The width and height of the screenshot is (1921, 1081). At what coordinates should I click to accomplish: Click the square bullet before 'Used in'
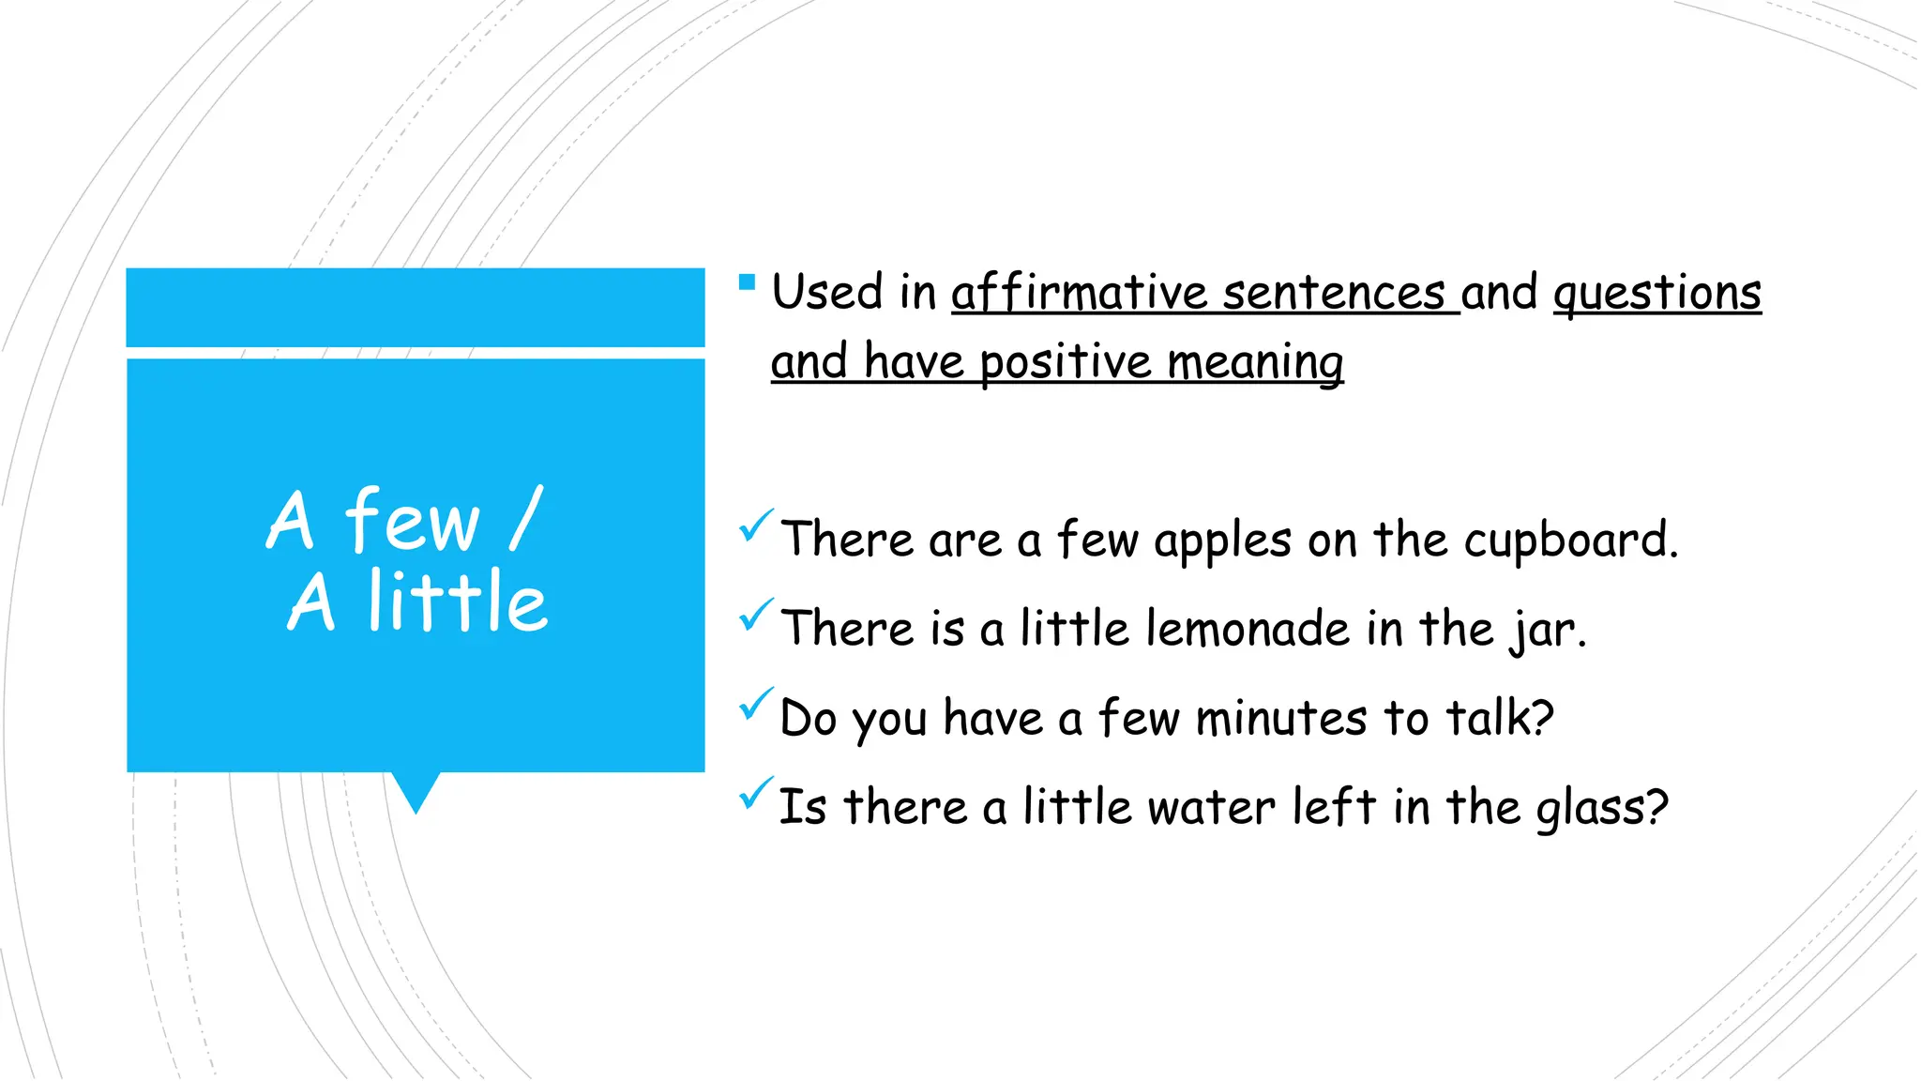pyautogui.click(x=747, y=282)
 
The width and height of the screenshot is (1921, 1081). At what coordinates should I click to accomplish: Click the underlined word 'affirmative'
pyautogui.click(x=1078, y=292)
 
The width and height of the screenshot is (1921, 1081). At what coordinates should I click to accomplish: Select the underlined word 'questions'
pyautogui.click(x=1657, y=293)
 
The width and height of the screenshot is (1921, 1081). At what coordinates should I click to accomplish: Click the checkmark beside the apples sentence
pyautogui.click(x=755, y=525)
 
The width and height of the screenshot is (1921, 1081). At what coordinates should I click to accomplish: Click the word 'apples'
pyautogui.click(x=1222, y=541)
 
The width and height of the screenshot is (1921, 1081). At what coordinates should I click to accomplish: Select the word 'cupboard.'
pyautogui.click(x=1570, y=541)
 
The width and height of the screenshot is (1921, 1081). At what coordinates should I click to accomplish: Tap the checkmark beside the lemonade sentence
pyautogui.click(x=755, y=615)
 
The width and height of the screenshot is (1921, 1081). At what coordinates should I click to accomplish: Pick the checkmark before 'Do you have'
pyautogui.click(x=755, y=704)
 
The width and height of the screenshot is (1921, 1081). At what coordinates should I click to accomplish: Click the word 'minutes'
pyautogui.click(x=1280, y=719)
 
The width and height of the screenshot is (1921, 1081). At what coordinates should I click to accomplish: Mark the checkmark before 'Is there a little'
pyautogui.click(x=755, y=793)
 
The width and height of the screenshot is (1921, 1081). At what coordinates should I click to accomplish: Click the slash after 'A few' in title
pyautogui.click(x=526, y=518)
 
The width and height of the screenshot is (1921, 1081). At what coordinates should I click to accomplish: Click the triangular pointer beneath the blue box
pyautogui.click(x=416, y=790)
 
